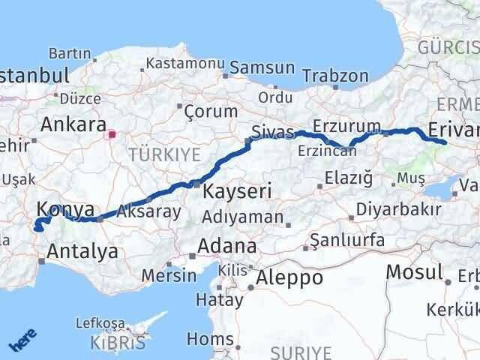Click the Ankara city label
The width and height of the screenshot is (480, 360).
pyautogui.click(x=73, y=124)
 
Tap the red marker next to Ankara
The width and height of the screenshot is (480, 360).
pyautogui.click(x=112, y=136)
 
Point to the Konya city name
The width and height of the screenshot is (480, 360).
pyautogui.click(x=65, y=209)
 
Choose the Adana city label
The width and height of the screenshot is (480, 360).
pyautogui.click(x=226, y=246)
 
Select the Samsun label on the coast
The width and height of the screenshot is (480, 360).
pyautogui.click(x=262, y=67)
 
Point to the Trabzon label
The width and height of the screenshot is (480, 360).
pyautogui.click(x=335, y=76)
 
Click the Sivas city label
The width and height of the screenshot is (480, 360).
pyautogui.click(x=271, y=133)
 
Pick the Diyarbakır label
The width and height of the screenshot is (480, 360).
pyautogui.click(x=397, y=209)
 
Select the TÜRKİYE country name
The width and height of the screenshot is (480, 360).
pyautogui.click(x=164, y=155)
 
